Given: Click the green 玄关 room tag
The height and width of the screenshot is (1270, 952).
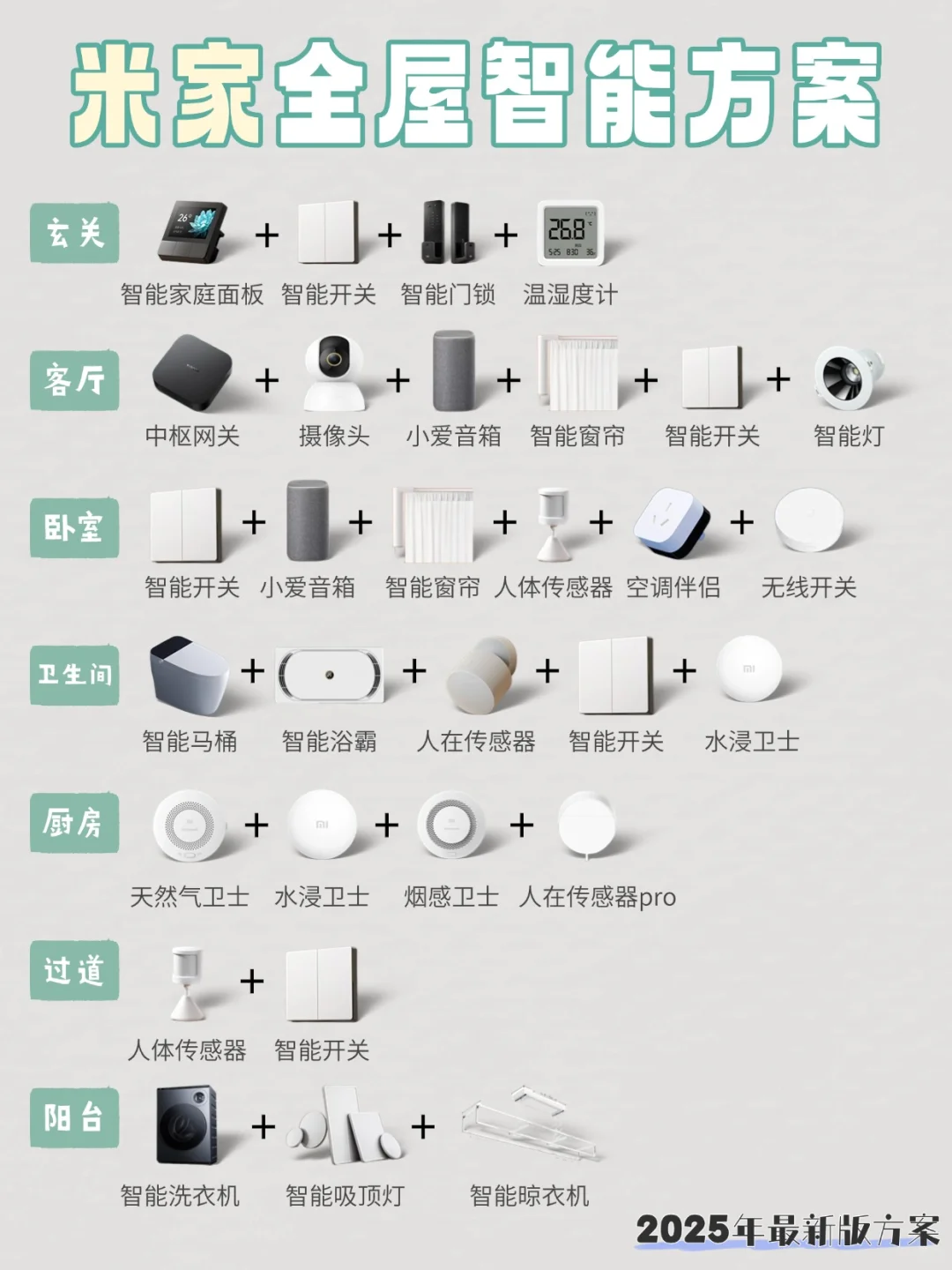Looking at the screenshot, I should click(74, 233).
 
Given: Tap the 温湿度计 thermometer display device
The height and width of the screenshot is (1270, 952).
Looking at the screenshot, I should click(569, 233).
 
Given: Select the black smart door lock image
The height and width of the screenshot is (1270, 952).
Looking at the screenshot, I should click(446, 233).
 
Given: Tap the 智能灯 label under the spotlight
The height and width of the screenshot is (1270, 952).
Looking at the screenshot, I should click(848, 436).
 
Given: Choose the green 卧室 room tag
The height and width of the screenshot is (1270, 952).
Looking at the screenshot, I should click(74, 527).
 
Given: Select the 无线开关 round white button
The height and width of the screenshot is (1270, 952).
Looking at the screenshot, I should click(808, 520).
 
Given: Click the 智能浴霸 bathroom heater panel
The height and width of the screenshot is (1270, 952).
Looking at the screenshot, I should click(330, 676).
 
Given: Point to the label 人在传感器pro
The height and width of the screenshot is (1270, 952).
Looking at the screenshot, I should click(598, 898).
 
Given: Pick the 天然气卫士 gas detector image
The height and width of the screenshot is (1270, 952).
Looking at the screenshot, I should click(189, 825).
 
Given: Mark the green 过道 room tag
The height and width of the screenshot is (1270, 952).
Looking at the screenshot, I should click(74, 970).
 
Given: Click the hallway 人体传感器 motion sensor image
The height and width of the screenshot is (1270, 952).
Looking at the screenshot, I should click(188, 982).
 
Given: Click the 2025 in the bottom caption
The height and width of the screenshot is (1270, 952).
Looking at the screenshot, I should click(682, 1229).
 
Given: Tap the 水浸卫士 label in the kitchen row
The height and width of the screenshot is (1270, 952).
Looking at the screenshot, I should click(322, 898).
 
